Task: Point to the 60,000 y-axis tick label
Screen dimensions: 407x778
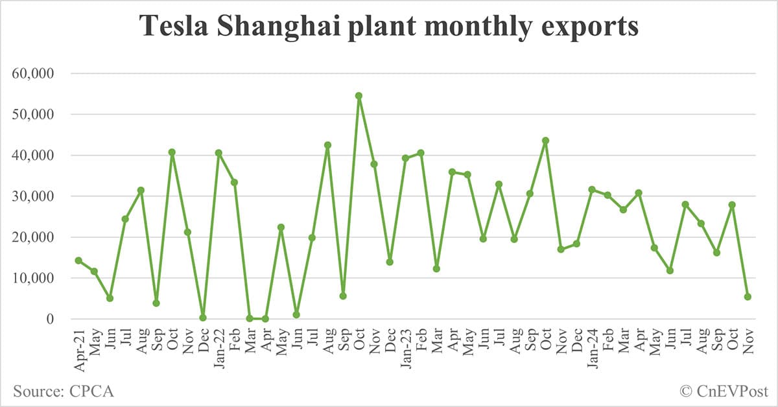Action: (34, 73)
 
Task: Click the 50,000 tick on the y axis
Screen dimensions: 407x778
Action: (34, 114)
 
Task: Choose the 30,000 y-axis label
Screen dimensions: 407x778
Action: (34, 196)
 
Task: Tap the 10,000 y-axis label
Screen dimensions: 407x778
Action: (34, 278)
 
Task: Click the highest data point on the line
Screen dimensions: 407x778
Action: (359, 96)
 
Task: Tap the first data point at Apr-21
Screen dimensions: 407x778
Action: (78, 261)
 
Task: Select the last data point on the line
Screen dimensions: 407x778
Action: (748, 297)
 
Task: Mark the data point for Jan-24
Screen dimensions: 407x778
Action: (592, 190)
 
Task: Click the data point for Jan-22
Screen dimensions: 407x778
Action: (218, 153)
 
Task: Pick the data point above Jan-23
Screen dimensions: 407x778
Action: (405, 158)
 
